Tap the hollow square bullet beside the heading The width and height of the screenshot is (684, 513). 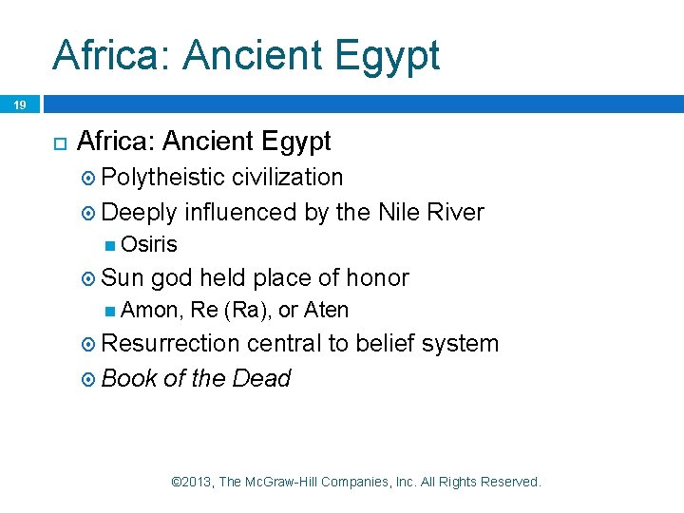tap(58, 142)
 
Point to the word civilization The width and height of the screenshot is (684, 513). tap(287, 177)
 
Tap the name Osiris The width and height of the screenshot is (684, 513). tap(149, 244)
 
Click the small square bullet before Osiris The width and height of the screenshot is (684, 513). tap(111, 245)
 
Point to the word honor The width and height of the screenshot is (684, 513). tap(377, 277)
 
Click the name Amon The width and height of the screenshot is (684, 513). tap(152, 310)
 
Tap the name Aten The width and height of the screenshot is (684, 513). tap(327, 310)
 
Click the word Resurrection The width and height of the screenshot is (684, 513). tap(170, 343)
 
